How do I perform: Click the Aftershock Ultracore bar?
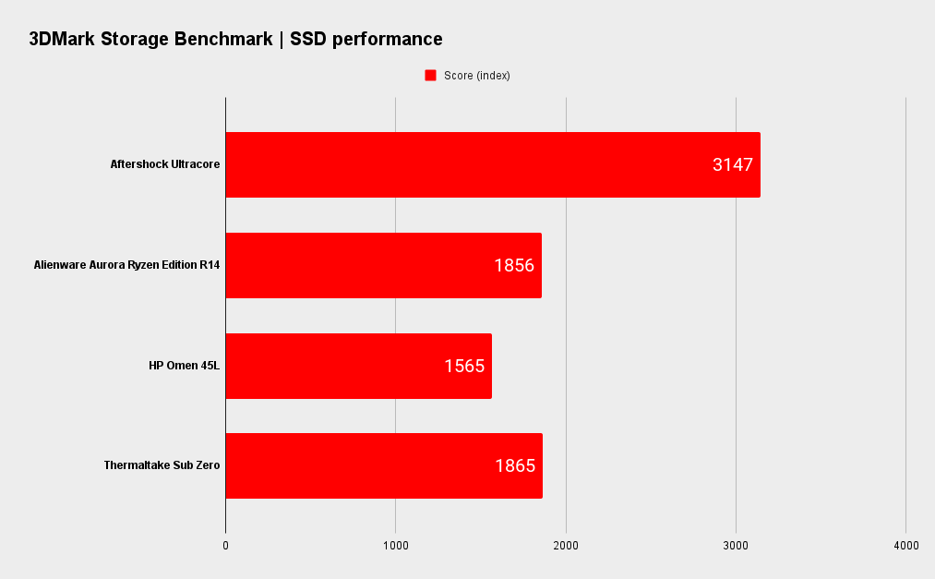click(492, 164)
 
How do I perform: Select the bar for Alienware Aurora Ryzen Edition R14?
click(383, 265)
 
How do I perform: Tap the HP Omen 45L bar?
click(358, 366)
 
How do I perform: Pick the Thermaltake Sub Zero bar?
click(383, 465)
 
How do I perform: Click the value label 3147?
click(733, 165)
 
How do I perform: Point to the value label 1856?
click(514, 266)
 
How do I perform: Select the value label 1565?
click(464, 366)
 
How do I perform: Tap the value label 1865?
click(515, 466)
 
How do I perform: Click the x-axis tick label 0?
click(226, 546)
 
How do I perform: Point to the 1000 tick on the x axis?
click(396, 546)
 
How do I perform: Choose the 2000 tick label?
click(566, 546)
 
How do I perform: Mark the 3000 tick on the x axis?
click(736, 546)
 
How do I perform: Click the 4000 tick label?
click(905, 546)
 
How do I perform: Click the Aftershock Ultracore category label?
click(165, 164)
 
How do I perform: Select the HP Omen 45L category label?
click(185, 366)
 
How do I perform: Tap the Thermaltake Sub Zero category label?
click(162, 465)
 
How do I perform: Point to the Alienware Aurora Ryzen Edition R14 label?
click(127, 265)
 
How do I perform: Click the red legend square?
click(430, 76)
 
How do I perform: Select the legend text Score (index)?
click(477, 76)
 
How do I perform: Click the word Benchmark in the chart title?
click(234, 39)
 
